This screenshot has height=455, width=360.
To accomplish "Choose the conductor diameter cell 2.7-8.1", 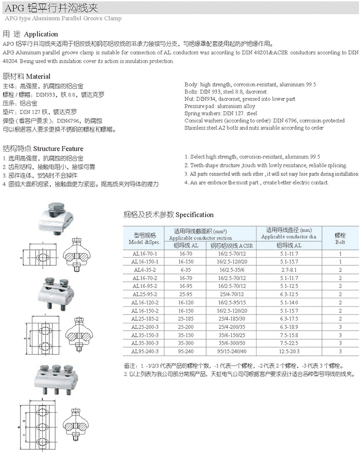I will point(289,270).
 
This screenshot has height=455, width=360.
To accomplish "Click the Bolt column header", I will point(340,237).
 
